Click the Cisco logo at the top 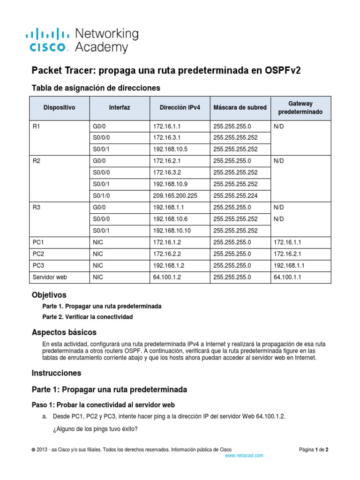click(x=49, y=40)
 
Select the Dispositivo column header click(x=59, y=107)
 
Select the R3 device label click(x=37, y=207)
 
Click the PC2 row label click(x=38, y=254)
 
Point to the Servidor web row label click(x=50, y=277)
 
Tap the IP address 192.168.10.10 click(x=172, y=230)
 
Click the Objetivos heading click(x=49, y=295)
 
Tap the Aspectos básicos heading click(x=64, y=332)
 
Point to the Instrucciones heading click(x=56, y=373)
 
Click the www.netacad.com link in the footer click(x=244, y=455)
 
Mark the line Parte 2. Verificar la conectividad click(x=87, y=317)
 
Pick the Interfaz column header click(x=120, y=107)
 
